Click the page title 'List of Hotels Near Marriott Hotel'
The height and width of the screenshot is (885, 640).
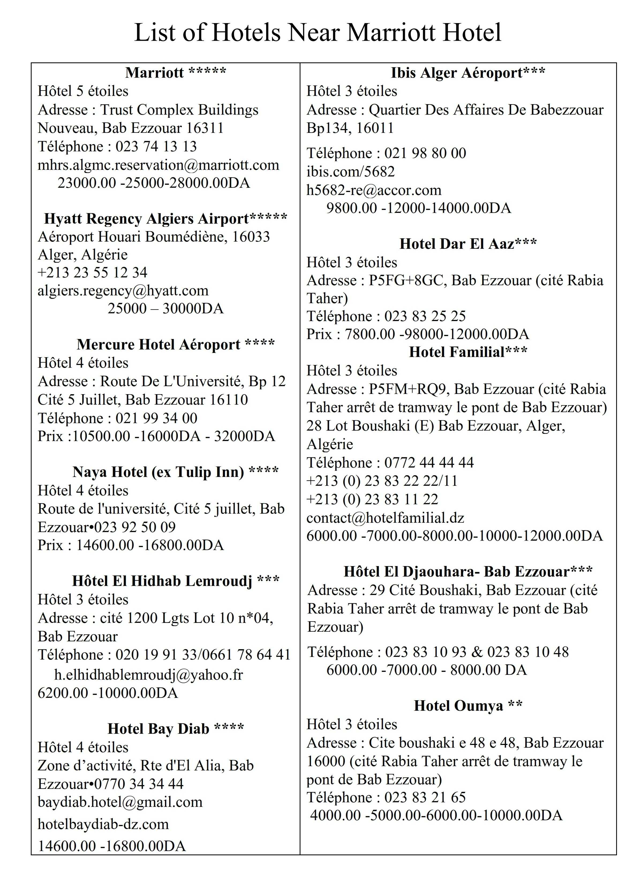[318, 33]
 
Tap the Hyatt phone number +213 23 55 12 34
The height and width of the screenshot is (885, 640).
[92, 272]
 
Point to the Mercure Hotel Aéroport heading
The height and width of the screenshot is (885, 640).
[176, 345]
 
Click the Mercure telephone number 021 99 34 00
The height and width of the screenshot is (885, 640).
[156, 418]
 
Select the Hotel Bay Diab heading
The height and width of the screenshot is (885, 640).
[176, 729]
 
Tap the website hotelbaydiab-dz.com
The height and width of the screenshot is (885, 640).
[103, 824]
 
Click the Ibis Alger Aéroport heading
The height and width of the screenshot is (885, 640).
[468, 73]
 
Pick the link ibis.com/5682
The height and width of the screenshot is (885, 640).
[351, 172]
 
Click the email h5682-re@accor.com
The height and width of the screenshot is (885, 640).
[374, 190]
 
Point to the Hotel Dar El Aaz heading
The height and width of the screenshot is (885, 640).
[468, 244]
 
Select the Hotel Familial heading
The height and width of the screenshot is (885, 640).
[468, 352]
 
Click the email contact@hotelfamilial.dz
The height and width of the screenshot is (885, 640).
[385, 518]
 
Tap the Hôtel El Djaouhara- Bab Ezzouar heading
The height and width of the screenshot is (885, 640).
[468, 572]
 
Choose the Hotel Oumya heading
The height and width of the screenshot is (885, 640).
[468, 706]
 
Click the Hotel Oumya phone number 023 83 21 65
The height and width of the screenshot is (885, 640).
[425, 797]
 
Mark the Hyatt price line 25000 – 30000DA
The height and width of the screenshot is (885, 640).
[165, 309]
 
